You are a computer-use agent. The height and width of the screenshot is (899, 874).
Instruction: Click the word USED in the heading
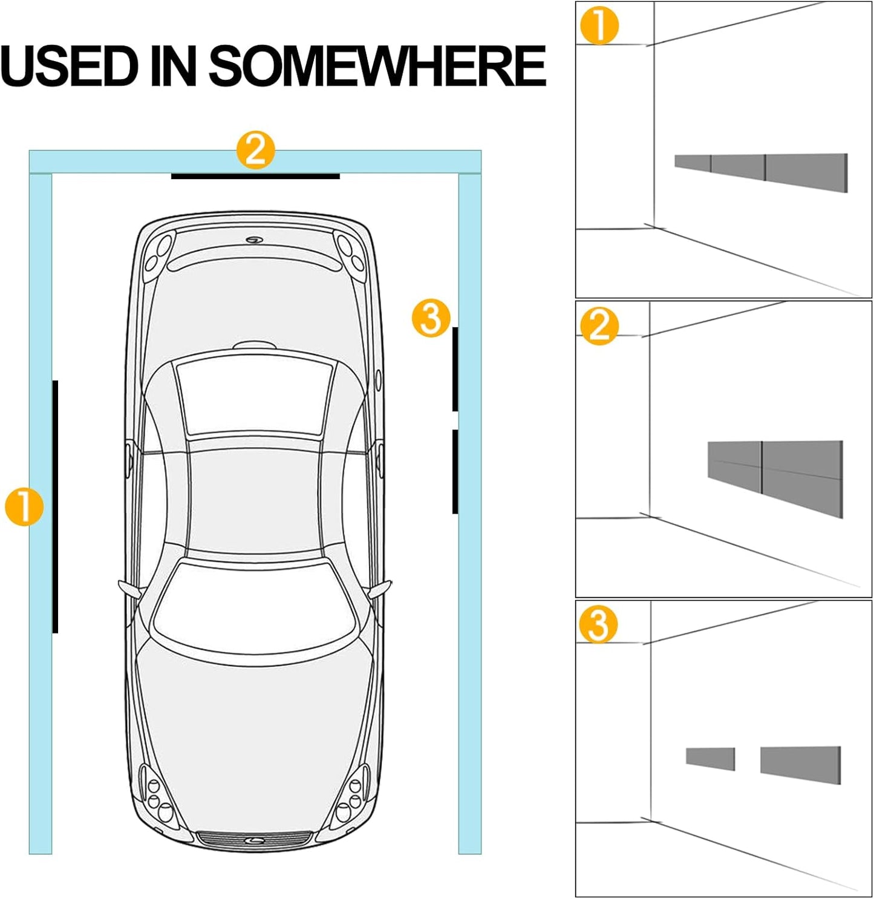pyautogui.click(x=70, y=66)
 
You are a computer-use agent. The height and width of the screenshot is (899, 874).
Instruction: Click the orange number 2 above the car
pyautogui.click(x=255, y=149)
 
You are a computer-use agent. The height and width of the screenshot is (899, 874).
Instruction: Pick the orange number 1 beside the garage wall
pyautogui.click(x=24, y=507)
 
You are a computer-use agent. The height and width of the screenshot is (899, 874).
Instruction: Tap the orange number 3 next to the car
pyautogui.click(x=431, y=318)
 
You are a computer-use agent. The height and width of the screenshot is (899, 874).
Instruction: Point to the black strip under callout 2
pyautogui.click(x=255, y=177)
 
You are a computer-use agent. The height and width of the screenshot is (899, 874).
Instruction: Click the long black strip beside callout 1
pyautogui.click(x=55, y=506)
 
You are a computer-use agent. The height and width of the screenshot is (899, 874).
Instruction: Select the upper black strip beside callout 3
pyautogui.click(x=455, y=369)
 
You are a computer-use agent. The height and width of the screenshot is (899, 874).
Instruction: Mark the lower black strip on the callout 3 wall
pyautogui.click(x=455, y=471)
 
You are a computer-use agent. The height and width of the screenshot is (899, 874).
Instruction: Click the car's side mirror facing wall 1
pyautogui.click(x=129, y=588)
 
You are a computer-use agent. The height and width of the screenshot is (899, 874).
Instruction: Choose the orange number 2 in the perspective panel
pyautogui.click(x=599, y=326)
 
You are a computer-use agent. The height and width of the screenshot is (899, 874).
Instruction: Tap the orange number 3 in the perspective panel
pyautogui.click(x=598, y=625)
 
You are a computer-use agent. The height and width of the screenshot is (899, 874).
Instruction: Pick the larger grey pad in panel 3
pyautogui.click(x=800, y=764)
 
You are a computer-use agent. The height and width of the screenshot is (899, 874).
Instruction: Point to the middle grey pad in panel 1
pyautogui.click(x=738, y=167)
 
